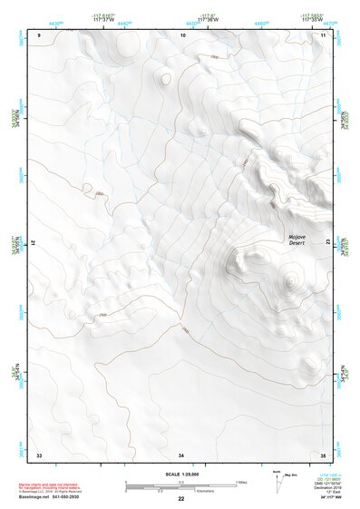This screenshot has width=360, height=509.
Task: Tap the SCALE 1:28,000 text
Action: tap(180, 474)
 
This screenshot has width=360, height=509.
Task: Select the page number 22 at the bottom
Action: tap(180, 499)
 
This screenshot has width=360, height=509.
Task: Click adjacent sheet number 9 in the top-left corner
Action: tap(39, 34)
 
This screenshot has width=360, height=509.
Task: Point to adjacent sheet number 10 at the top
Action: tap(182, 34)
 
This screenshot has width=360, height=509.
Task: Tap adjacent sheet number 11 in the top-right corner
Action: tap(323, 34)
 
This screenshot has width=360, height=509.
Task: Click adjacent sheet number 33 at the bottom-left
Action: tap(39, 454)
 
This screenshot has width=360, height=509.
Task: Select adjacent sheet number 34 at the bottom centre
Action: tap(181, 454)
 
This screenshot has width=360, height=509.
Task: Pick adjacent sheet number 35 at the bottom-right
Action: tap(323, 454)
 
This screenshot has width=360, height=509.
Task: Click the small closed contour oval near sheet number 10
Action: tap(164, 79)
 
